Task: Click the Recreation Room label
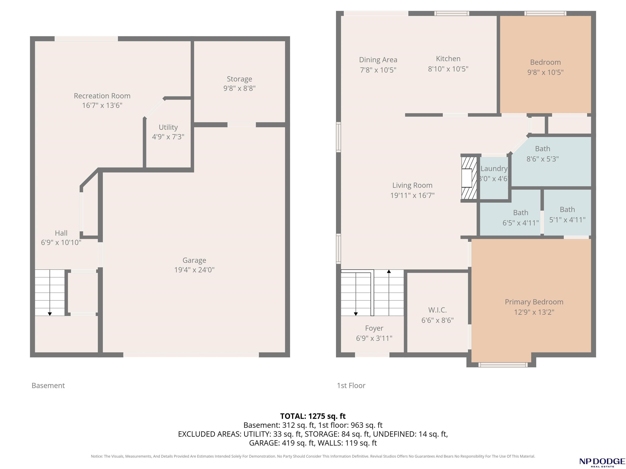(x=102, y=96)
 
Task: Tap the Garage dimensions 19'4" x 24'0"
(x=194, y=270)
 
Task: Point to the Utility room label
(x=168, y=127)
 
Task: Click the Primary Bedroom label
(x=534, y=302)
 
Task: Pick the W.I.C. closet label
(x=438, y=310)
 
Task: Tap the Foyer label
(x=374, y=328)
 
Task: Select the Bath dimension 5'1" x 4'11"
(x=568, y=220)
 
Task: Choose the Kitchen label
(x=448, y=59)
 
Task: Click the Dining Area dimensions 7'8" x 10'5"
(x=378, y=70)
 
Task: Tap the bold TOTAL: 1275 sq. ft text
(x=313, y=416)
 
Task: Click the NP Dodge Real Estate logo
(x=602, y=462)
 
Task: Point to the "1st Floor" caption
(x=351, y=386)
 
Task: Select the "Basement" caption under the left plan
(x=48, y=386)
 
